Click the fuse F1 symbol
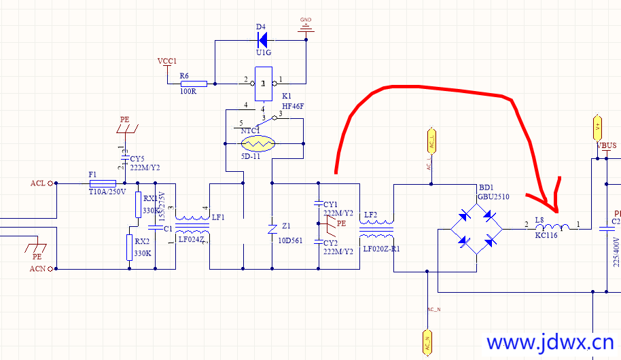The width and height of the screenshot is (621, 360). [103, 183]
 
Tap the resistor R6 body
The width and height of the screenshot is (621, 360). [193, 84]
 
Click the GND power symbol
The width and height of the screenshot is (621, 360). [306, 27]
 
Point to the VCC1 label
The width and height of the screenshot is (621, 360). [167, 61]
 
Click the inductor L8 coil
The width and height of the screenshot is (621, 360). [552, 228]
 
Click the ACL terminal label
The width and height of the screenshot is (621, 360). [37, 183]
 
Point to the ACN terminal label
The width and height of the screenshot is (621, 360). [37, 269]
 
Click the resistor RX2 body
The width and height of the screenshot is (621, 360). [128, 248]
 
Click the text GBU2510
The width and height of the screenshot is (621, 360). [494, 196]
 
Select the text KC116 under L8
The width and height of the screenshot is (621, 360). [546, 235]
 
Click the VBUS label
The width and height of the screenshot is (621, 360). [606, 145]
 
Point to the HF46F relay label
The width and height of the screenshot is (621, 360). [292, 107]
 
